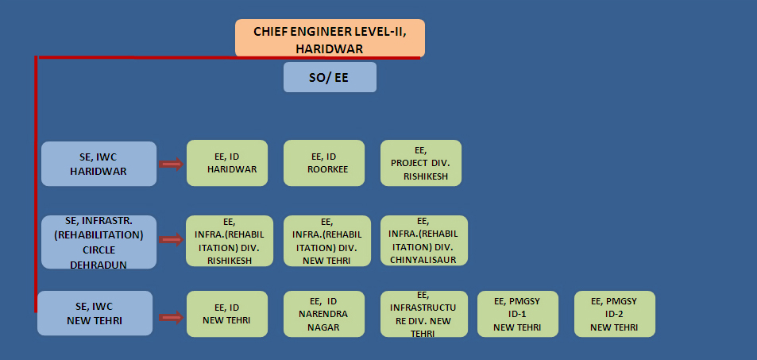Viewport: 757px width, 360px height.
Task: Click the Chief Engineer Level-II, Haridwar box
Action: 330,38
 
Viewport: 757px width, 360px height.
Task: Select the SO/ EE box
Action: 330,78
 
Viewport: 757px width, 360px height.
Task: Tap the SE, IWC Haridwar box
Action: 98,164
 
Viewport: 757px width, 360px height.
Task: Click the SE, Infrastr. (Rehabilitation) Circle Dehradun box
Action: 98,242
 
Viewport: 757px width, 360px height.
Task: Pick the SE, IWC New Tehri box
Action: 95,313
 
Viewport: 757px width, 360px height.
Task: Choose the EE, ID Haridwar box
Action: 227,163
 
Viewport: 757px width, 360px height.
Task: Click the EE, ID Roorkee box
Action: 324,163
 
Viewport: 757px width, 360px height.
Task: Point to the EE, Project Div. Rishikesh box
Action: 421,163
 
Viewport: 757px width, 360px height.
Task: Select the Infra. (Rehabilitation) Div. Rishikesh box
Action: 230,240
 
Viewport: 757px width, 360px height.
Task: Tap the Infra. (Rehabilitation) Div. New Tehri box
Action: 326,240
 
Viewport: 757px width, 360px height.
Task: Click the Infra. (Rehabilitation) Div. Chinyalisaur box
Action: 423,240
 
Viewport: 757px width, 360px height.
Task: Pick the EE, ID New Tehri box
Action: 227,314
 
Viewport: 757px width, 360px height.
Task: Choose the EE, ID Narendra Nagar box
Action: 324,314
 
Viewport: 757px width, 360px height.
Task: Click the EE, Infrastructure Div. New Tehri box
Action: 421,314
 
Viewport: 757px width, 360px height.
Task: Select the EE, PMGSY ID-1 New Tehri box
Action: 518,314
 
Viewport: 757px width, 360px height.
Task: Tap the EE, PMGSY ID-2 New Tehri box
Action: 615,314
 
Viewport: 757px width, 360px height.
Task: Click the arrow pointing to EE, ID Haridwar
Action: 171,164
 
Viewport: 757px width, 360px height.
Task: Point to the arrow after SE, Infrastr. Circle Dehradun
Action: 171,239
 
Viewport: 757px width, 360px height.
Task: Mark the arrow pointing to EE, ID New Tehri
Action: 171,317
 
